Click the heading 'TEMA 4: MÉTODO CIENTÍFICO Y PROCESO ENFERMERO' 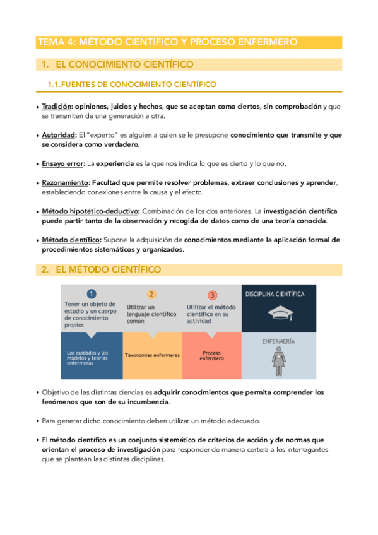[168, 42]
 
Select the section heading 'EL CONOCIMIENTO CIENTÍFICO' [124, 64]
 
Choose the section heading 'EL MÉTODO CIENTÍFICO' [108, 269]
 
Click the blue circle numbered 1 [92, 294]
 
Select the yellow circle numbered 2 [151, 294]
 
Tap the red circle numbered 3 [212, 295]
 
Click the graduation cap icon [279, 314]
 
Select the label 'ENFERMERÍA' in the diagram [278, 341]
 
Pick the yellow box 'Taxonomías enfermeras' [152, 355]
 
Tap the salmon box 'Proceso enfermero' [212, 356]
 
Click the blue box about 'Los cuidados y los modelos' [92, 358]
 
